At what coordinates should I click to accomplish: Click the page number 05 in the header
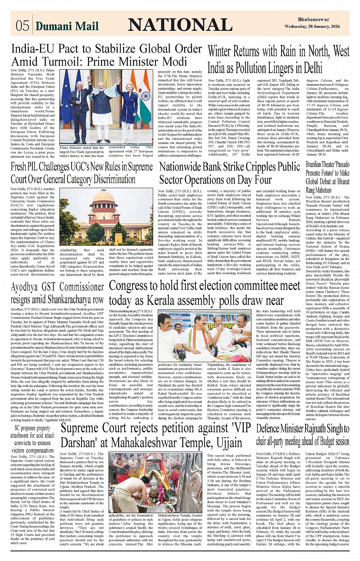click(22, 26)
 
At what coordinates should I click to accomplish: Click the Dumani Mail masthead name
click(67, 26)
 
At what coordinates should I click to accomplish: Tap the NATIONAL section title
click(180, 25)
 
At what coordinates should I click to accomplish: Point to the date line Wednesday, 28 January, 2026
click(317, 26)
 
